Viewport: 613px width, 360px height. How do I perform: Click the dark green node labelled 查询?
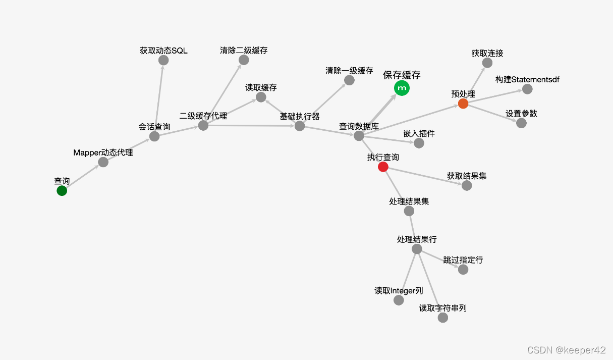point(62,191)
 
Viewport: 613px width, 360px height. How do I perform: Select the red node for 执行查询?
point(383,167)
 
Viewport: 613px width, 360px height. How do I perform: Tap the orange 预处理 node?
point(463,104)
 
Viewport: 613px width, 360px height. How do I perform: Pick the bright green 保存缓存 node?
point(402,88)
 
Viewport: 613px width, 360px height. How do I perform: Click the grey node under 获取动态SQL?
point(163,60)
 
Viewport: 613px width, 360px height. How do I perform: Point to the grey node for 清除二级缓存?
point(244,60)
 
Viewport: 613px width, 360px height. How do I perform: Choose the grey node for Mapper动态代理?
point(103,162)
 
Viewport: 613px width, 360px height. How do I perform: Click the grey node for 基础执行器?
point(300,126)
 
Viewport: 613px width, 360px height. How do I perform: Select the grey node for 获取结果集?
point(467,185)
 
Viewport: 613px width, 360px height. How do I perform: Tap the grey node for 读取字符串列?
point(442,318)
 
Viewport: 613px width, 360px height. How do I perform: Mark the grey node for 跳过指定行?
point(463,270)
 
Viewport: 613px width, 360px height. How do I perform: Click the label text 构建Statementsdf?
point(527,80)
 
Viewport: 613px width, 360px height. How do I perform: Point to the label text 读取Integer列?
point(399,291)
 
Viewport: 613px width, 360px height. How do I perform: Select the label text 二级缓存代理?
point(203,116)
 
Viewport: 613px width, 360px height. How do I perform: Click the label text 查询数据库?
point(359,126)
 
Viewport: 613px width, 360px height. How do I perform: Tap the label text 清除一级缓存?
point(349,71)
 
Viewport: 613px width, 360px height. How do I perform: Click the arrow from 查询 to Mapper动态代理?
point(82,177)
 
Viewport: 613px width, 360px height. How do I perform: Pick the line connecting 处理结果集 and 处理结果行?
point(413,230)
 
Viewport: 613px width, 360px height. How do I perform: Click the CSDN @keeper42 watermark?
point(566,350)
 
